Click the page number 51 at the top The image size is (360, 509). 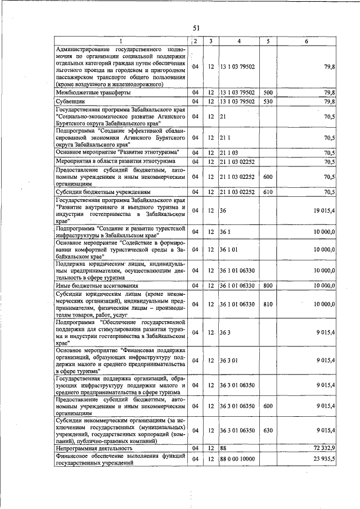click(196, 28)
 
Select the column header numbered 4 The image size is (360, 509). click(239, 41)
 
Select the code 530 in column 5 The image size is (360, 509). click(268, 101)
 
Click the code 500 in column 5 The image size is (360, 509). click(268, 92)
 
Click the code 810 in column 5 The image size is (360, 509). click(268, 304)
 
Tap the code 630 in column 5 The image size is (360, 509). click(268, 430)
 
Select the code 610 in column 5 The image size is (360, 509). click(268, 192)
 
